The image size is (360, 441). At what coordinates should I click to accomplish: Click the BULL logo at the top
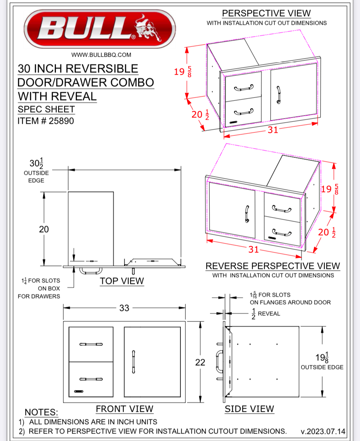[x=100, y=28]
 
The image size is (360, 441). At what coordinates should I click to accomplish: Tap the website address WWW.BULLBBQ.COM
[x=101, y=55]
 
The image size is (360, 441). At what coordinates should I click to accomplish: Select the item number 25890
[x=61, y=121]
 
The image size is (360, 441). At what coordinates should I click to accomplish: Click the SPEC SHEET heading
[x=46, y=109]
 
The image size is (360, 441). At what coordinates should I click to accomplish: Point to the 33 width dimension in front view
[x=124, y=308]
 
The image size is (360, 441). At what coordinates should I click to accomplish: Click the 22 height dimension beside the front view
[x=200, y=362]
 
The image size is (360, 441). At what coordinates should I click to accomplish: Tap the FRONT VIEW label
[x=124, y=409]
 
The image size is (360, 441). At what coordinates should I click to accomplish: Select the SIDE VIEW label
[x=249, y=409]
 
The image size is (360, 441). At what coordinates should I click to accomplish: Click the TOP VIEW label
[x=122, y=281]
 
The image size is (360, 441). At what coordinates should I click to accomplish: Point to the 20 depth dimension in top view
[x=44, y=229]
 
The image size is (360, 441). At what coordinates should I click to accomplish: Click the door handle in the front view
[x=133, y=361]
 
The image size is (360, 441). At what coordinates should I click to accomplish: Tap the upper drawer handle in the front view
[x=91, y=344]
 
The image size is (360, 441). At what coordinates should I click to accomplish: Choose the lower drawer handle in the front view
[x=91, y=379]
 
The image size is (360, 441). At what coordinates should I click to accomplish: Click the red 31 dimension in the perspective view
[x=273, y=130]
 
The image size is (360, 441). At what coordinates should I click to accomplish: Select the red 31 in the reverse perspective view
[x=253, y=249]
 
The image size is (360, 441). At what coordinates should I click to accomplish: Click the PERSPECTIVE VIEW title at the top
[x=266, y=13]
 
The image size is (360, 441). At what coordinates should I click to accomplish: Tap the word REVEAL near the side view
[x=269, y=313]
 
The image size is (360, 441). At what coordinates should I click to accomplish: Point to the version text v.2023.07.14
[x=323, y=431]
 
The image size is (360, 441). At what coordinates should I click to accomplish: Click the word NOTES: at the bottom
[x=41, y=412]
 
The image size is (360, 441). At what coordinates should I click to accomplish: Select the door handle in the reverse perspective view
[x=247, y=214]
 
